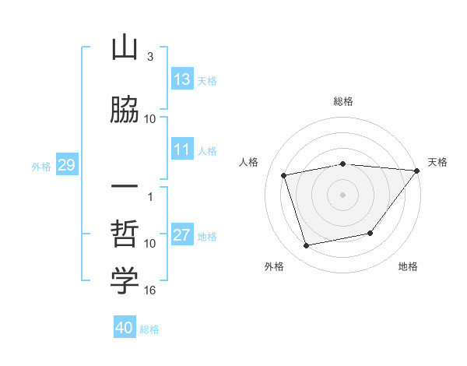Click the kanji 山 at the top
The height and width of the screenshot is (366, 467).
[x=125, y=48]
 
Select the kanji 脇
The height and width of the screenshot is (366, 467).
[x=125, y=109]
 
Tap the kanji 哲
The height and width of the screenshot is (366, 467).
[x=125, y=234]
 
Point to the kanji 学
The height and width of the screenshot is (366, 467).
[x=125, y=280]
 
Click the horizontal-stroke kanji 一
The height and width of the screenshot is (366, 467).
[x=125, y=186]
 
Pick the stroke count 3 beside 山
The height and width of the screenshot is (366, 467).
[x=150, y=57]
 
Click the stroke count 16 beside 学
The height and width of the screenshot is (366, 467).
[x=149, y=290]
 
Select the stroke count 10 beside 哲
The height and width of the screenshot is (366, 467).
[x=149, y=244]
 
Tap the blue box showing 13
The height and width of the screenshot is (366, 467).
[x=182, y=79]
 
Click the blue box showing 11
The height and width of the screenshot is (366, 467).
[x=182, y=149]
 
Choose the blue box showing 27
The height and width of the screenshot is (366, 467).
[x=182, y=234]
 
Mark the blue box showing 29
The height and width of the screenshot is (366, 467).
[x=67, y=164]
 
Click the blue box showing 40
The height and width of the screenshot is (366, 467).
[x=125, y=326]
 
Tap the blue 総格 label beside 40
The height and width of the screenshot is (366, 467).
[x=149, y=329]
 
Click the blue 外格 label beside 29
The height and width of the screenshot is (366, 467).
[x=41, y=167]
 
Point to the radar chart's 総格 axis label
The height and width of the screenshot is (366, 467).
[x=343, y=101]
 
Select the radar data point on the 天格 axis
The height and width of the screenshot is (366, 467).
[x=417, y=171]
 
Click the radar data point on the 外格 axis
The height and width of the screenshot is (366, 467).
[x=306, y=246]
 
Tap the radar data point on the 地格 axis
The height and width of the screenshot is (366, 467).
[x=370, y=233]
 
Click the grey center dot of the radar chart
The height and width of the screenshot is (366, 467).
[x=342, y=195]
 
